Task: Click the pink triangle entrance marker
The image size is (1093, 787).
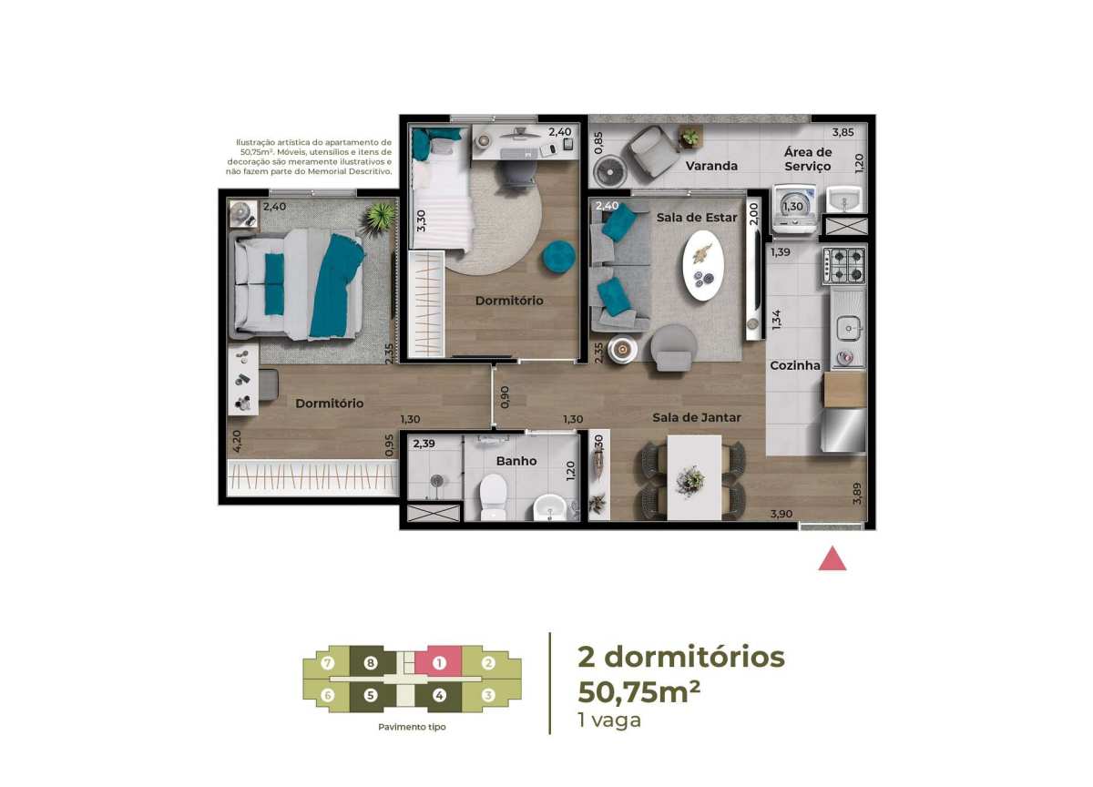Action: [832, 559]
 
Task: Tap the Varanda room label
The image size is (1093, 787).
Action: [711, 166]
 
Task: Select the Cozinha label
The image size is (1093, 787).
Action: [795, 365]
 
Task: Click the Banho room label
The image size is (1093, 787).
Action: [516, 461]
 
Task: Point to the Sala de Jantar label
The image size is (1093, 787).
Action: [696, 417]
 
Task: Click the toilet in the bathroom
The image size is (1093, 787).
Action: [493, 496]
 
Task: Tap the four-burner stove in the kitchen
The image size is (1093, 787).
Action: [844, 266]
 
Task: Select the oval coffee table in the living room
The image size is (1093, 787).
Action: [702, 266]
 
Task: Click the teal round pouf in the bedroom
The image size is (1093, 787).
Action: [558, 258]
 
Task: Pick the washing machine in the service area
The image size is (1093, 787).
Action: [795, 209]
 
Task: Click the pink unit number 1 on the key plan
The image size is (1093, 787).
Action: [439, 663]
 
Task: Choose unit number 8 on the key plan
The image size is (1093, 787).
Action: [371, 663]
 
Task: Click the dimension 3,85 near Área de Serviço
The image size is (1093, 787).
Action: [843, 132]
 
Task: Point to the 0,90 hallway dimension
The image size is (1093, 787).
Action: [505, 396]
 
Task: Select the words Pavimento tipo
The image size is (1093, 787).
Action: [412, 727]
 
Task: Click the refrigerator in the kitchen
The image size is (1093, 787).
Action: [844, 430]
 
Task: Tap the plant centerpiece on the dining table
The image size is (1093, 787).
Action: [690, 481]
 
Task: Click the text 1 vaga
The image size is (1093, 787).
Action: [609, 721]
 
